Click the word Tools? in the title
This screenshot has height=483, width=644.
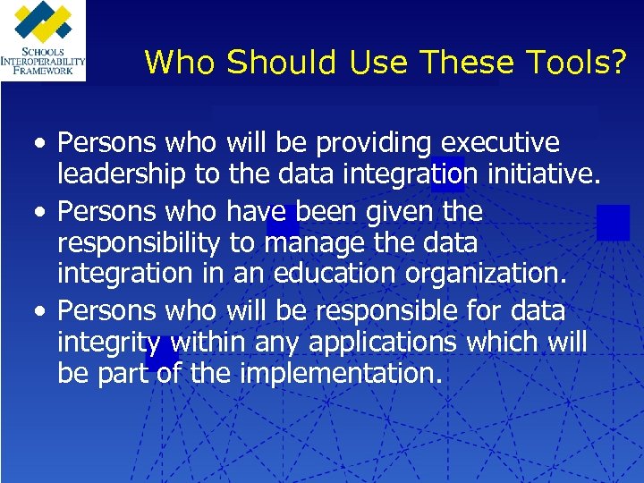pos(579,63)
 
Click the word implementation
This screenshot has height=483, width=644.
pos(341,373)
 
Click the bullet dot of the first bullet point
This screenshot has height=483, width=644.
pos(34,145)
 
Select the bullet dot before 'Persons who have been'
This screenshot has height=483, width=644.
pos(34,213)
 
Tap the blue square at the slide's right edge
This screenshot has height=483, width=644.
pos(614,222)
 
